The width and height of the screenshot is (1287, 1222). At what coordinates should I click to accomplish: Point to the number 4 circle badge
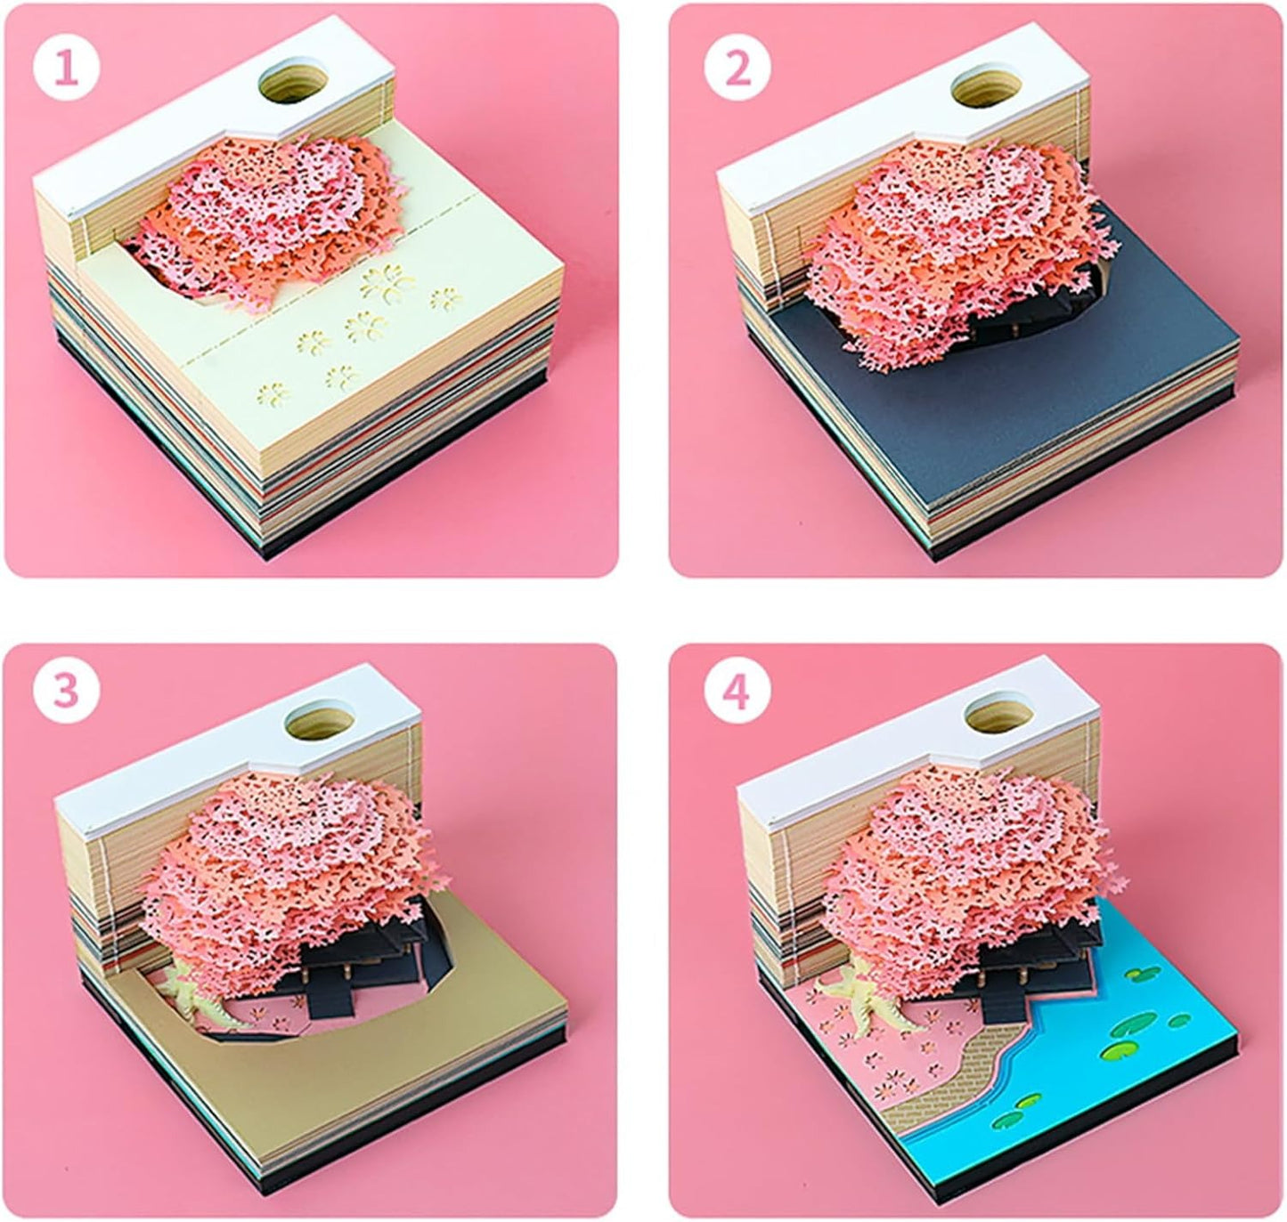pyautogui.click(x=737, y=695)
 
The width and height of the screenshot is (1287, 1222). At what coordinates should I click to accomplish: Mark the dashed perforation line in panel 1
pyautogui.click(x=356, y=307)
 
